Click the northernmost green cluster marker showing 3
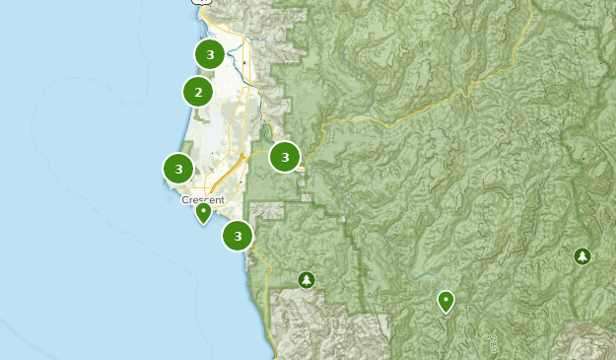coord(209,54)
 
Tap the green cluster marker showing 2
coord(198,93)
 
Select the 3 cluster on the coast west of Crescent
coord(178,169)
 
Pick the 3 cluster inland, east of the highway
coord(285,156)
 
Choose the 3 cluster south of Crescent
coord(238,236)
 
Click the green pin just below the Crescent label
coord(203,212)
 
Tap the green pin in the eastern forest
coord(445,300)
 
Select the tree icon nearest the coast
coord(307,280)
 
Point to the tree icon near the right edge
coord(582,256)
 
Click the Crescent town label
coord(203,199)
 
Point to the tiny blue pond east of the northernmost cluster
coord(243,61)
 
